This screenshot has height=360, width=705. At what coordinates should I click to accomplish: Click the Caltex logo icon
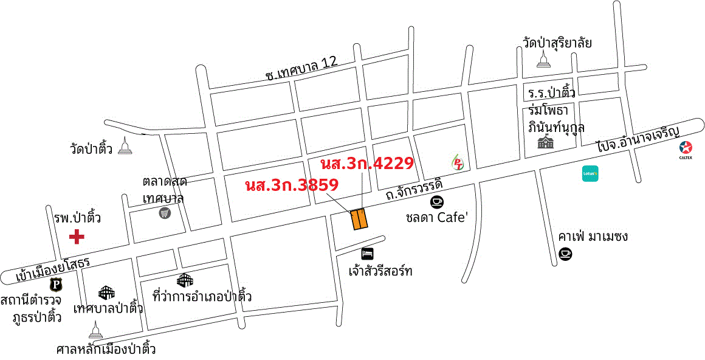coord(686,148)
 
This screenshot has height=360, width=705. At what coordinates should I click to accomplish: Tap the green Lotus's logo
coord(591,173)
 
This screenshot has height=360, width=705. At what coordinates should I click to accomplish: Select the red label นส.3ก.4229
coord(367,163)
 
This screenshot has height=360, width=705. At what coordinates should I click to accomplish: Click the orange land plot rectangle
coord(359,219)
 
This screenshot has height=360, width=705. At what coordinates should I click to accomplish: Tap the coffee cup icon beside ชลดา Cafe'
coord(436,201)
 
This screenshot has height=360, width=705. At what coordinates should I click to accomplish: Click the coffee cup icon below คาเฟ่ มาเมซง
coord(565,254)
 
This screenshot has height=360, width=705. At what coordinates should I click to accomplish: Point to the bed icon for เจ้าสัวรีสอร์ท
coord(367,253)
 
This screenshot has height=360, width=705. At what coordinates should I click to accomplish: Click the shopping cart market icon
coord(164,213)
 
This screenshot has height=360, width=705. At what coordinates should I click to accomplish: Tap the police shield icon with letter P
coord(56,284)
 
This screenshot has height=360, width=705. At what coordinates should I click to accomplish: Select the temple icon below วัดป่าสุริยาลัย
coord(543,58)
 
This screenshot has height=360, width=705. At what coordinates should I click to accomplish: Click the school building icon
coord(545,142)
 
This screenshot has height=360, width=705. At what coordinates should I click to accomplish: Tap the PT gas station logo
coord(458,162)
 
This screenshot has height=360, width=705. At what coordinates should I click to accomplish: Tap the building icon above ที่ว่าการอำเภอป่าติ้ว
coord(185,280)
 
